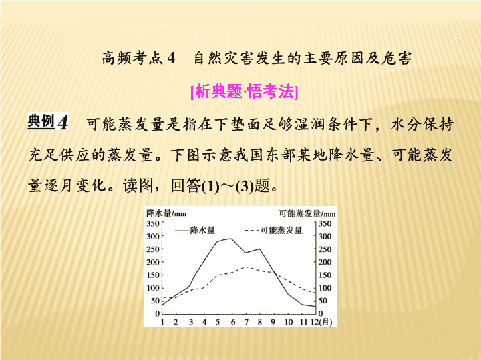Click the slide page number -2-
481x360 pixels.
(x=455, y=36)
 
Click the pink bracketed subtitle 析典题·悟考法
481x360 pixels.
(x=245, y=91)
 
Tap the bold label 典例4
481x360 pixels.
(x=48, y=121)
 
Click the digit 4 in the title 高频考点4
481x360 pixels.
(x=171, y=58)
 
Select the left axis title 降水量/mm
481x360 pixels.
(x=166, y=213)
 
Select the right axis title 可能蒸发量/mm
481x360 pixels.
(x=307, y=213)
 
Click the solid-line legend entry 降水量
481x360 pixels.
(x=195, y=230)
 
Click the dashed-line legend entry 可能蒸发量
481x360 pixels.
(x=274, y=230)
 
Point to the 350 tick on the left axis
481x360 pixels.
(x=152, y=223)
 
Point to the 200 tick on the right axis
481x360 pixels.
(x=325, y=262)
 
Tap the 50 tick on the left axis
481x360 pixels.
(x=155, y=301)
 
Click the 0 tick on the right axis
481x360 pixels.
(x=321, y=313)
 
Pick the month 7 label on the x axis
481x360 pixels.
(x=246, y=322)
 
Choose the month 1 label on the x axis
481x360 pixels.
(x=162, y=322)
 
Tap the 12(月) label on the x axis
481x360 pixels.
(x=322, y=322)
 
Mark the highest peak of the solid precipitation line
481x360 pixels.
(x=231, y=239)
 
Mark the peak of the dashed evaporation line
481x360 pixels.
(x=246, y=267)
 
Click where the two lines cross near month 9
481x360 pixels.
(x=275, y=274)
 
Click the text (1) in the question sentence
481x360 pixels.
(x=210, y=186)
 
